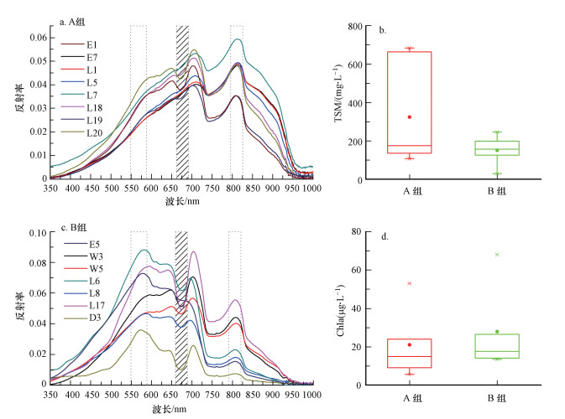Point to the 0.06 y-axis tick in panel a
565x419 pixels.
click(x=36, y=38)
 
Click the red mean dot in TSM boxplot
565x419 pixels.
click(x=409, y=117)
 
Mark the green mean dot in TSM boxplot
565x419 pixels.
click(x=496, y=151)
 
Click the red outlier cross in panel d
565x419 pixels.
click(x=409, y=283)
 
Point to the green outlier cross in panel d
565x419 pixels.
click(x=496, y=255)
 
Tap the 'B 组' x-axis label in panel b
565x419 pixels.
click(x=496, y=191)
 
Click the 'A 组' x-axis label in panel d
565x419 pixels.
click(x=409, y=397)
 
